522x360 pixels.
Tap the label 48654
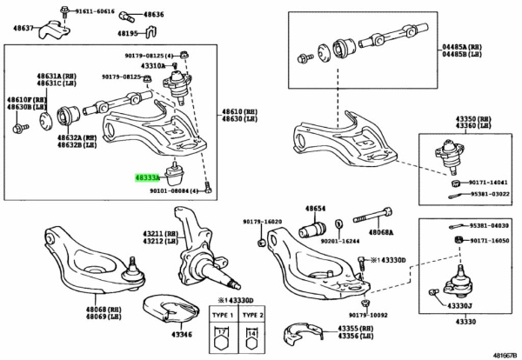point(314,209)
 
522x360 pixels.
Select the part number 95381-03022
point(491,194)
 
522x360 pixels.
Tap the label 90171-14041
point(491,183)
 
